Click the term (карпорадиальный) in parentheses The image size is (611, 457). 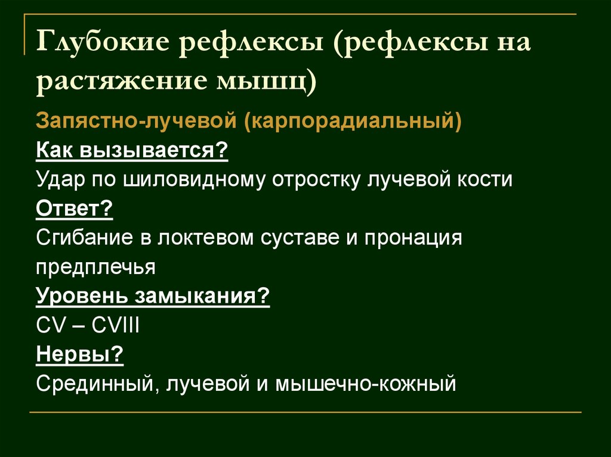click(352, 121)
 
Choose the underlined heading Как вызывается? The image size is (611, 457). click(132, 150)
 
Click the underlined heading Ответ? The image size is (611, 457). click(75, 209)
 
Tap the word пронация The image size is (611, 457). click(412, 238)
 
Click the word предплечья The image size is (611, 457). click(96, 267)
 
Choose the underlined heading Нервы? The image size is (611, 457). click(80, 355)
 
